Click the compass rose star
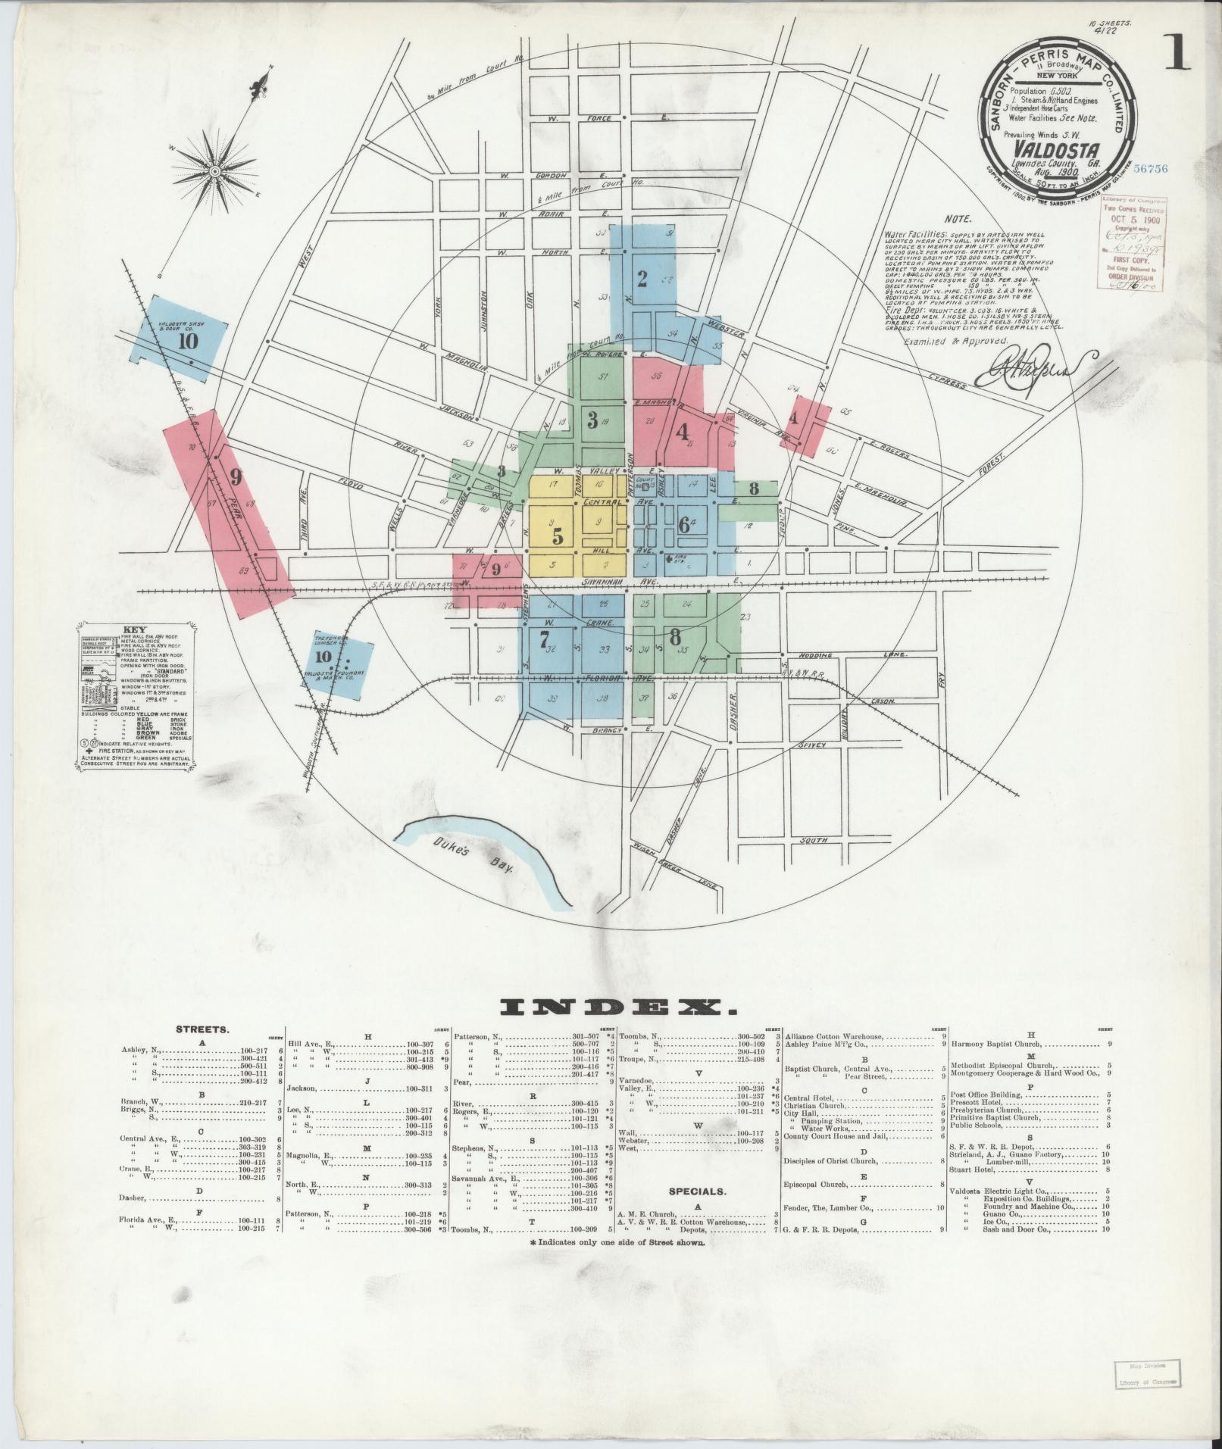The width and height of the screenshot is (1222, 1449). (x=215, y=171)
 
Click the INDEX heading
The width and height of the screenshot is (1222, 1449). (x=619, y=1007)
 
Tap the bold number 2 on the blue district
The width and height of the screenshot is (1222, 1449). (x=642, y=280)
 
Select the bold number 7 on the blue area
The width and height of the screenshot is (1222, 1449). (x=543, y=639)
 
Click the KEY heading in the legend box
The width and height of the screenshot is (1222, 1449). (x=134, y=629)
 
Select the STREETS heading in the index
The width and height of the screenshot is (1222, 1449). (x=203, y=1030)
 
